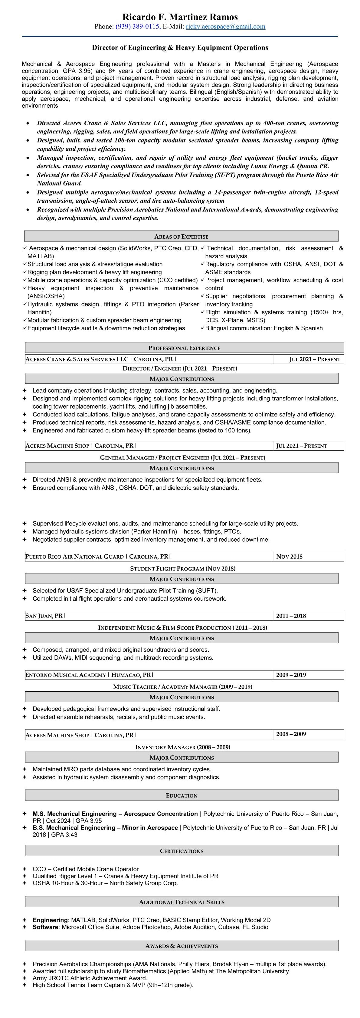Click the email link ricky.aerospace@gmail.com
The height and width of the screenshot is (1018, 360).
click(x=225, y=27)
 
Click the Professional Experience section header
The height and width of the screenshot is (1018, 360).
click(x=184, y=348)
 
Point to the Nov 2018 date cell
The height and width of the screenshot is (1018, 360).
click(x=289, y=556)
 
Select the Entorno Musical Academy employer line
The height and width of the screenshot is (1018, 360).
click(x=89, y=675)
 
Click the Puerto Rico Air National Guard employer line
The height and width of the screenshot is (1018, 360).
click(x=98, y=556)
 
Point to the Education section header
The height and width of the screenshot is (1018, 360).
click(x=182, y=795)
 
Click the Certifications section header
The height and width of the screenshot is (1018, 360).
click(x=182, y=851)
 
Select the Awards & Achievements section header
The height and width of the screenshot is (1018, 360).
click(x=182, y=946)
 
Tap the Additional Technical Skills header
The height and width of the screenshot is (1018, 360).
click(x=182, y=902)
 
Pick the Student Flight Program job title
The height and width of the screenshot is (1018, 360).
click(x=182, y=568)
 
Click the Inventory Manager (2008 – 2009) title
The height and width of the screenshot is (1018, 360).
click(x=182, y=747)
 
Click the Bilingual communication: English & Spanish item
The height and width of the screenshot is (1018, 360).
click(x=263, y=328)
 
